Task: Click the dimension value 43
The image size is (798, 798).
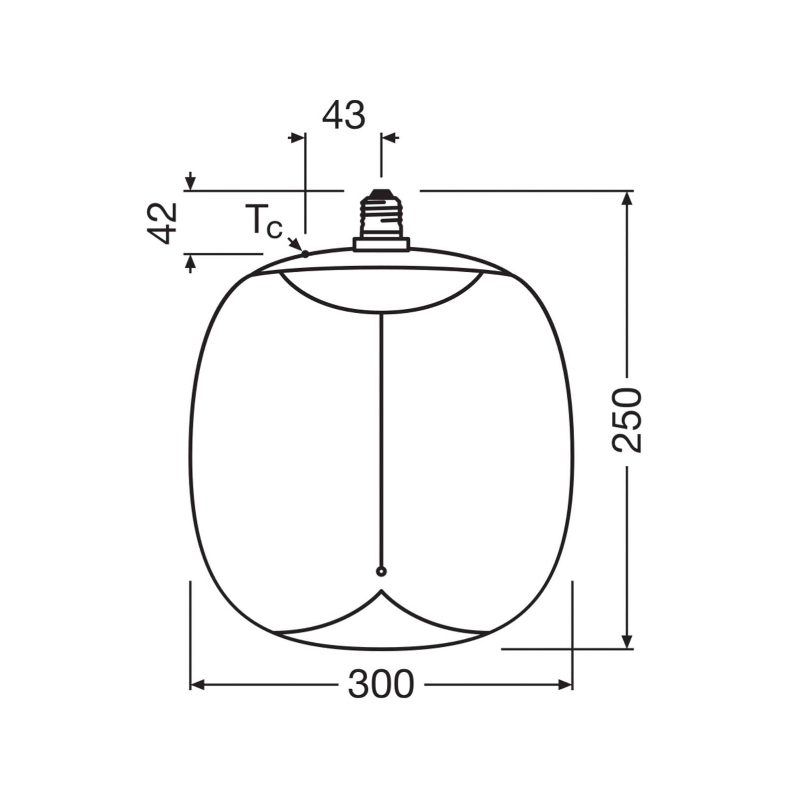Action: coord(344,116)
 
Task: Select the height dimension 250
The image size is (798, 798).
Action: coord(626,420)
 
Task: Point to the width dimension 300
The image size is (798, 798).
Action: coord(381,684)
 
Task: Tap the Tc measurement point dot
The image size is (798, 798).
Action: coord(305,254)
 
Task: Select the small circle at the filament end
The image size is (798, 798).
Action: coord(381,572)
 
